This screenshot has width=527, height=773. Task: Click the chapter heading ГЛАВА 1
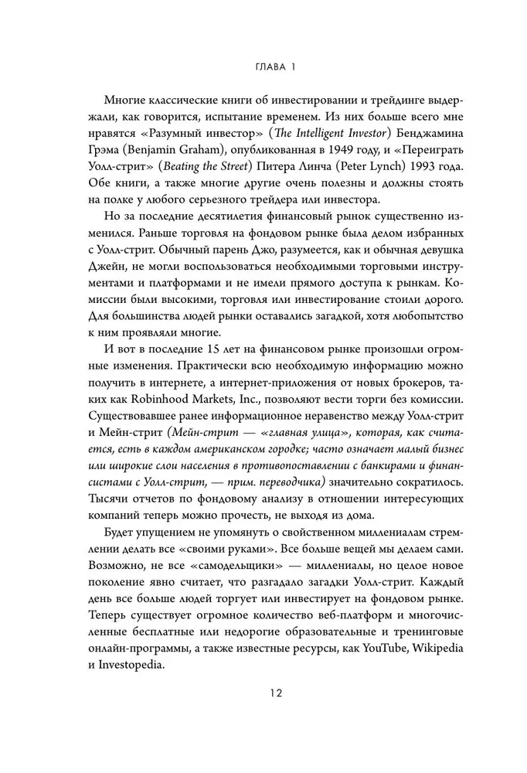pyautogui.click(x=263, y=67)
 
